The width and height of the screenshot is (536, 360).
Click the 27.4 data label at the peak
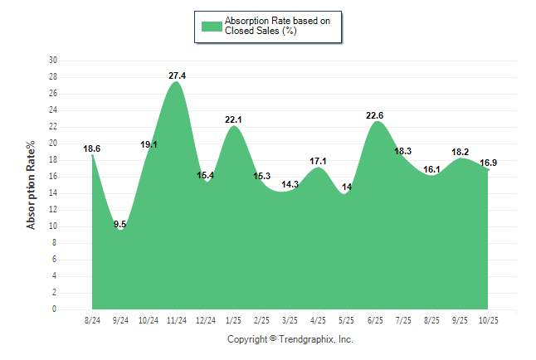point(177,75)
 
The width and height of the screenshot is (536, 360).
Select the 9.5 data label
point(119,224)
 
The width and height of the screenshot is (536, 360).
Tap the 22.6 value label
point(375,115)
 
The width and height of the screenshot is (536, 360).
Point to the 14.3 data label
point(290,184)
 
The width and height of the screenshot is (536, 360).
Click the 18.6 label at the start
point(92,148)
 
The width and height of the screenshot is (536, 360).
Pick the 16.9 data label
point(489,163)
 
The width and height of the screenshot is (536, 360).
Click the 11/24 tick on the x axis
point(177,319)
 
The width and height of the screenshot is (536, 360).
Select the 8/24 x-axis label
point(92,319)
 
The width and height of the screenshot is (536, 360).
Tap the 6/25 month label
point(375,319)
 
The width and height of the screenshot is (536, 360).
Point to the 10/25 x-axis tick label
point(488,319)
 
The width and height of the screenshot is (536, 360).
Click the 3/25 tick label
point(290,319)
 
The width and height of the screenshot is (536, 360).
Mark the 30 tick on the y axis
point(53,61)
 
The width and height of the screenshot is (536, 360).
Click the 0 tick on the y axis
point(55,309)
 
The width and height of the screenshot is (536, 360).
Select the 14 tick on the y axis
point(53,193)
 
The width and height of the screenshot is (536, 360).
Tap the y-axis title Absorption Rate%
point(32,184)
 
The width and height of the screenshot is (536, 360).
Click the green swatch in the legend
point(212,26)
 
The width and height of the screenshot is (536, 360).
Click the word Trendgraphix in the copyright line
point(306,339)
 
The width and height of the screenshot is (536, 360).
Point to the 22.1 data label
point(234,119)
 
